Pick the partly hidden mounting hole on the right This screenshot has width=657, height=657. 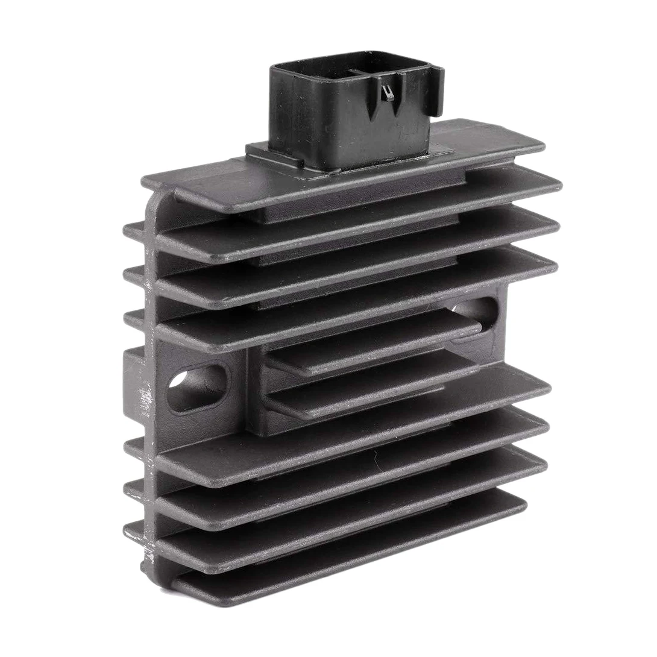(476, 310)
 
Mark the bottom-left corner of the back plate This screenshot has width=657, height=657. (148, 567)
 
